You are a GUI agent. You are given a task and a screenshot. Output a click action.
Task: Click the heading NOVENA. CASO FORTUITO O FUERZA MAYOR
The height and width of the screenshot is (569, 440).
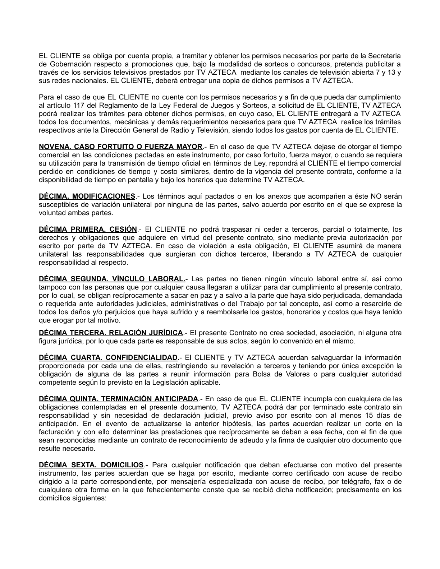120,147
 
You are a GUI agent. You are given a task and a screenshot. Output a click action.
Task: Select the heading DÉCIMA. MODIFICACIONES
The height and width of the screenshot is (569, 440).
87,196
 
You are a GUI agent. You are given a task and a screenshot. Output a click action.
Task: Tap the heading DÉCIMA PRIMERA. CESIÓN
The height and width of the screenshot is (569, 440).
88,230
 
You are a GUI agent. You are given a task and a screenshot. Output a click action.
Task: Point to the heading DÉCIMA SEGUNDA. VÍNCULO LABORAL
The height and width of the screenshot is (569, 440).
112,279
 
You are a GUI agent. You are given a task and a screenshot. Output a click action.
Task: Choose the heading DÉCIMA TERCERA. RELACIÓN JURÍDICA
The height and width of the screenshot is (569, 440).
111,333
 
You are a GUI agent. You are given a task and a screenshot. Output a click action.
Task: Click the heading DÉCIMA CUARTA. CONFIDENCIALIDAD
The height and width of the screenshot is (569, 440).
108,358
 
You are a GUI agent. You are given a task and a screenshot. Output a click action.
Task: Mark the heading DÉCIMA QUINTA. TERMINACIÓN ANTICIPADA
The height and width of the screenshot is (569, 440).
118,399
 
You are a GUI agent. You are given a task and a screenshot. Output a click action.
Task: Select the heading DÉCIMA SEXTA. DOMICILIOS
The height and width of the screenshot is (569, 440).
91,465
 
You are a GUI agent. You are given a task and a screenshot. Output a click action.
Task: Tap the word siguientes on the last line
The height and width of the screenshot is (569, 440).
91,498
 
